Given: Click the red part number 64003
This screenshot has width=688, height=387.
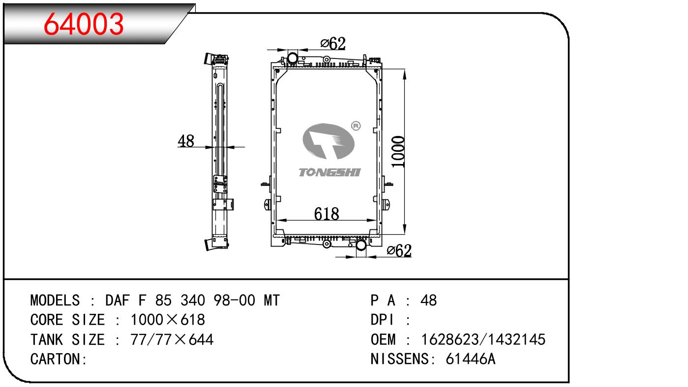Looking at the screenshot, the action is pos(84,24).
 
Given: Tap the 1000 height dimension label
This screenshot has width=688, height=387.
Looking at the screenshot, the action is pos(398,152).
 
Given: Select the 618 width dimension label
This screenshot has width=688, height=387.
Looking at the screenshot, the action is pos(327,214).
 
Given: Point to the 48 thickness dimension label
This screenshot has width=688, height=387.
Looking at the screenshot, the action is pos(186,141).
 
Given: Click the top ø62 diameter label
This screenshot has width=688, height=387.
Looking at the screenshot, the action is pos(333,44).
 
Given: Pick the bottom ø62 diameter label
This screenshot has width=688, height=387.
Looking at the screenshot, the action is pos(399,250).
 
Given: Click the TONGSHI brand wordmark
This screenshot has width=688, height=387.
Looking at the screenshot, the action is pos(329,172).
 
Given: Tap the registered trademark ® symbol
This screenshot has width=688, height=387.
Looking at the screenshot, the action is pos(356,126).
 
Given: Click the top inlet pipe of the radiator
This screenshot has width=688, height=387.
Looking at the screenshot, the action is pos(292,57).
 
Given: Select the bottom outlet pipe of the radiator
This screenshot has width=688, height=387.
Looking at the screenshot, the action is pos(361,245).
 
